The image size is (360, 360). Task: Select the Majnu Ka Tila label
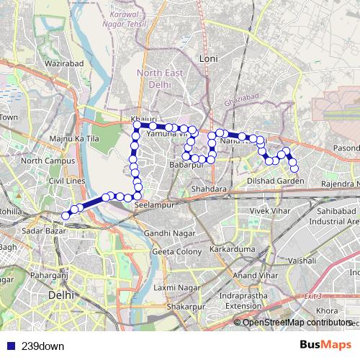(74, 138)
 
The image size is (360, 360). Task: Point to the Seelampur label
(150, 205)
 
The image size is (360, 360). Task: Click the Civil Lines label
(67, 181)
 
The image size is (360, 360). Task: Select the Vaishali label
(302, 259)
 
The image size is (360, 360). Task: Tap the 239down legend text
(43, 346)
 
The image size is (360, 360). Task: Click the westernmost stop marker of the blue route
(66, 215)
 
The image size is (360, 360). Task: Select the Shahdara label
(210, 189)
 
